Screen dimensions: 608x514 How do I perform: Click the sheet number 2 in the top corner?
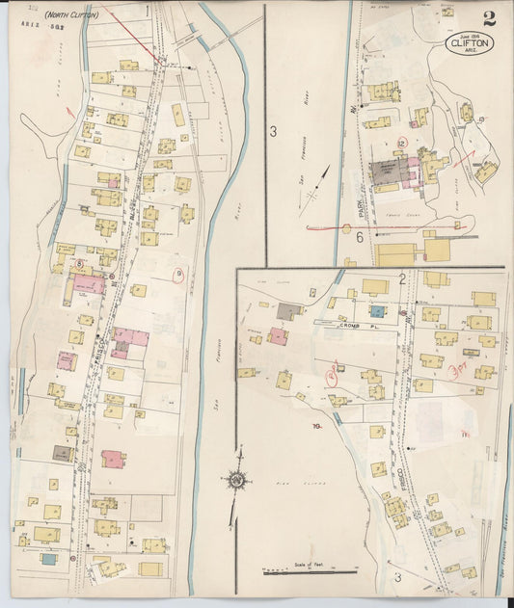click(x=489, y=18)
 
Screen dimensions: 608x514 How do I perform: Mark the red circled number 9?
click(x=177, y=275)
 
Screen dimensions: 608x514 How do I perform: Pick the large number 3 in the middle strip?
click(x=273, y=131)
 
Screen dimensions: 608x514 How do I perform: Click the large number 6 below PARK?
click(x=359, y=236)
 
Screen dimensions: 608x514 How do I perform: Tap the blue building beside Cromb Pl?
click(x=378, y=311)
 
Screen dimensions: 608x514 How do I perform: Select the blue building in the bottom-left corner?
click(x=47, y=558)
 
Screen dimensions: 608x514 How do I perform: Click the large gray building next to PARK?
click(x=390, y=174)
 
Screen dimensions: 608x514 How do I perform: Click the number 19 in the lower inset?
click(x=315, y=425)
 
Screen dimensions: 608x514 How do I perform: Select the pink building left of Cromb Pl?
click(x=278, y=336)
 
